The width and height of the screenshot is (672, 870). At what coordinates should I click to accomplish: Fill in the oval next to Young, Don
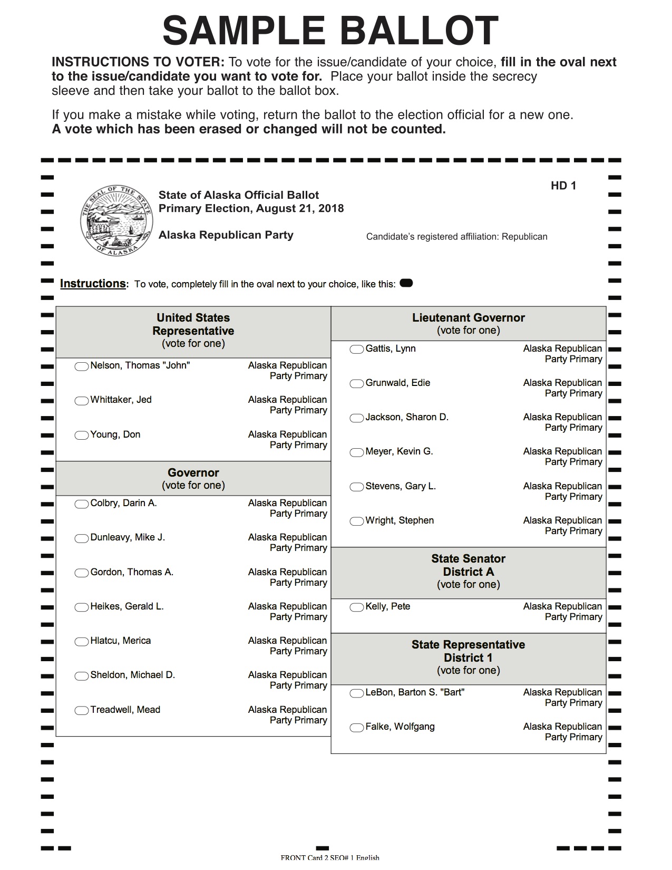(82, 436)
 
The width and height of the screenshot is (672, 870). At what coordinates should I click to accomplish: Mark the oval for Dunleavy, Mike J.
(82, 538)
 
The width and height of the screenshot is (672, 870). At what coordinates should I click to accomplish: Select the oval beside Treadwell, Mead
(82, 711)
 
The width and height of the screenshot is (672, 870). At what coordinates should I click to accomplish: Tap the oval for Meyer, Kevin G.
(357, 452)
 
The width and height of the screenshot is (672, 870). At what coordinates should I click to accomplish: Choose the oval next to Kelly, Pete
(357, 607)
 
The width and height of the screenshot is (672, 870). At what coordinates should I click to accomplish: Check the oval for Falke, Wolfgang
(357, 728)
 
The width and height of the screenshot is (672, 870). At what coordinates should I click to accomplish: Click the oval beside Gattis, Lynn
(357, 350)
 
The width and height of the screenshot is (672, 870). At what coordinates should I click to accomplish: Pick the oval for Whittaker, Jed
(82, 401)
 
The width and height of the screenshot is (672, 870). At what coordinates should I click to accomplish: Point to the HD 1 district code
(563, 186)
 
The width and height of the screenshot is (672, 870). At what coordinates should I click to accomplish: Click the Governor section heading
(193, 473)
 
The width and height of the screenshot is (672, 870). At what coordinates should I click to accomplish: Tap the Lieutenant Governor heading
(468, 318)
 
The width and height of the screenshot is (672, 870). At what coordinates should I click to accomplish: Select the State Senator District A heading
(468, 565)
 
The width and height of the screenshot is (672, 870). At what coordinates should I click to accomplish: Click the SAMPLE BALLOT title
(330, 31)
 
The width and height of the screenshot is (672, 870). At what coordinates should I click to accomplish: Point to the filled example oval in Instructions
(406, 283)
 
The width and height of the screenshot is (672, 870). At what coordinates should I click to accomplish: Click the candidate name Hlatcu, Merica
(121, 641)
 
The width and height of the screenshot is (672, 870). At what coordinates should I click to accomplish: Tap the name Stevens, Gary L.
(401, 486)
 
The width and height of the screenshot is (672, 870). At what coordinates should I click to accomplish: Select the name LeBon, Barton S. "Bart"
(415, 692)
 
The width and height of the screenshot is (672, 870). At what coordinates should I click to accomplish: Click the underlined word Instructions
(93, 284)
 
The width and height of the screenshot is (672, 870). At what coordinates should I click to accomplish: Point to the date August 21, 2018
(300, 208)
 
